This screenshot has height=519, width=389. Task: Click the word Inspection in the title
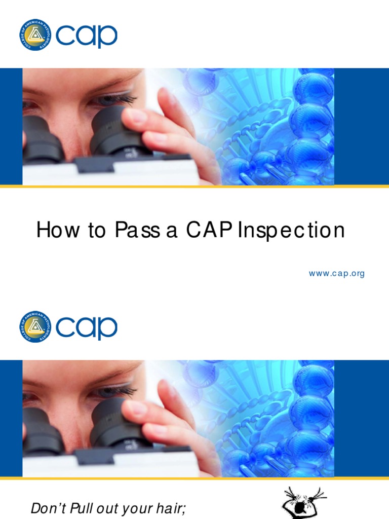291,231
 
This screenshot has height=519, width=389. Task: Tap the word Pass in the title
137,231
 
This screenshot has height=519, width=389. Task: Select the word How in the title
53,231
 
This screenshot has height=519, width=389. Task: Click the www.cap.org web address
337,274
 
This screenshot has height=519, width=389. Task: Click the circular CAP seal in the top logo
35,34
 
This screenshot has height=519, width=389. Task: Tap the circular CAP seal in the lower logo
35,326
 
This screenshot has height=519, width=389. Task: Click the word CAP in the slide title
207,231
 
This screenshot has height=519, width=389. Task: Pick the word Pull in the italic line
84,508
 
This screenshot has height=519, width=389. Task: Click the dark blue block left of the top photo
11,127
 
